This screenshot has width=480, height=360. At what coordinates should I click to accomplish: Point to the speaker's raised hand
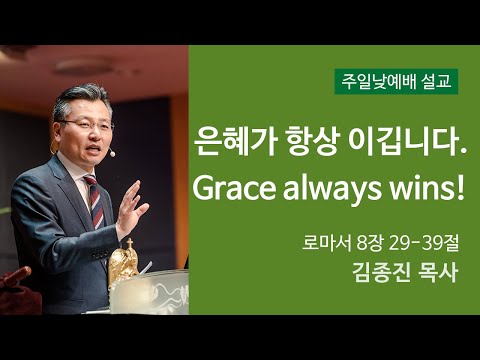click(x=129, y=204)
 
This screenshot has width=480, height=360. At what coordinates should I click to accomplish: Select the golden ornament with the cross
click(x=123, y=261)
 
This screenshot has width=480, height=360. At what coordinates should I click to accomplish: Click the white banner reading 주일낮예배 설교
click(x=395, y=82)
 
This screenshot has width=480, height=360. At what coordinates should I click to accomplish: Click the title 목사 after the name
click(x=435, y=273)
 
